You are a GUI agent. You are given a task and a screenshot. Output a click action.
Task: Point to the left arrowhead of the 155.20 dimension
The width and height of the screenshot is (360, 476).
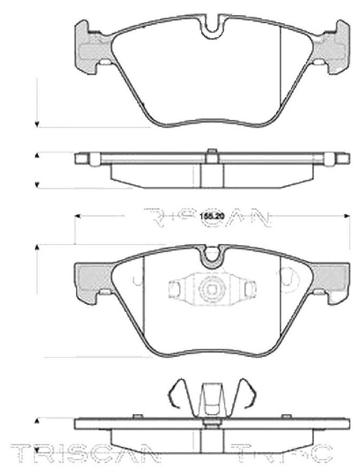click(78, 216)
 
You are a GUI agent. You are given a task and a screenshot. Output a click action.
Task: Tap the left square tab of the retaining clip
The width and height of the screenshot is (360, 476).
click(175, 288)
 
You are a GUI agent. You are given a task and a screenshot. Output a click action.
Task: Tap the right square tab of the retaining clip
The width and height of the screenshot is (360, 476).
click(249, 288)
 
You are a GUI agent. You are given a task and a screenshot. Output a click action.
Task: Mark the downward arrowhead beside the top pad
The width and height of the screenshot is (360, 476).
click(37, 124)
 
